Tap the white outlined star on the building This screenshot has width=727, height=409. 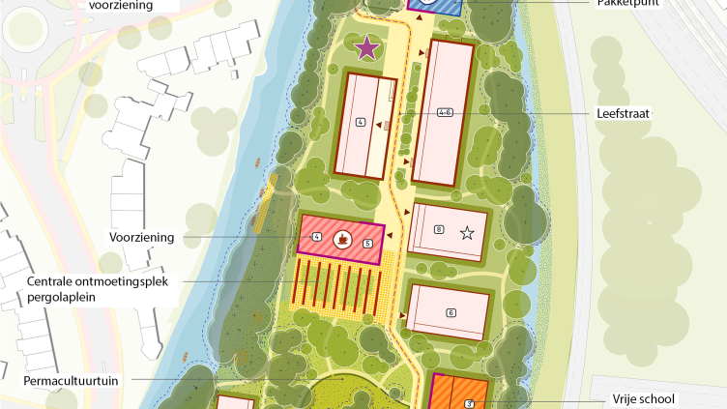click(467, 231)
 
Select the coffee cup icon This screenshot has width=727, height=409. click(341, 237)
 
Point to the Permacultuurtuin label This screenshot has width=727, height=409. click(73, 381)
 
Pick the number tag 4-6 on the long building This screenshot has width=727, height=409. click(446, 112)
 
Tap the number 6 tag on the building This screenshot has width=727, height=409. click(450, 312)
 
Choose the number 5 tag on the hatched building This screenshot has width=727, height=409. click(367, 244)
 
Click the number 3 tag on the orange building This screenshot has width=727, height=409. click(469, 403)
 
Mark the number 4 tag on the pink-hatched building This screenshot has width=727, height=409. click(317, 237)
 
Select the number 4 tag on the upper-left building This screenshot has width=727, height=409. click(361, 122)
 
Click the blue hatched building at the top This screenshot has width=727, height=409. click(435, 6)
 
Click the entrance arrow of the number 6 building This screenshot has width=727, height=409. click(400, 316)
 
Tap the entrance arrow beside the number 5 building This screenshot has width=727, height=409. click(387, 232)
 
